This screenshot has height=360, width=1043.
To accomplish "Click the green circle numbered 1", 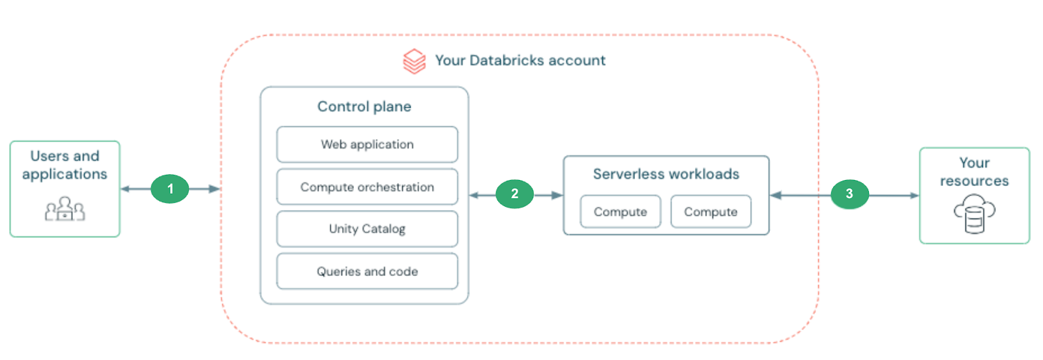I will click(170, 189).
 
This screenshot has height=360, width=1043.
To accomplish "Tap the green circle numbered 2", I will click(514, 194).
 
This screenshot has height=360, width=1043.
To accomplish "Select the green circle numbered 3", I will click(849, 194).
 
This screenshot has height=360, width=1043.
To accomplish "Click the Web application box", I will click(367, 144).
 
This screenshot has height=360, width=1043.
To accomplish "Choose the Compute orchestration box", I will click(367, 187).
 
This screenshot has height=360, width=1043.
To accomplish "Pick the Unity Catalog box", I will click(367, 229).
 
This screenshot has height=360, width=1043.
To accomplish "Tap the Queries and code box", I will click(367, 271).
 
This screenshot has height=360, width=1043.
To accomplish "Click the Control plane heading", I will click(364, 106).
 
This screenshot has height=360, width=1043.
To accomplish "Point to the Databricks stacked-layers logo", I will click(414, 61).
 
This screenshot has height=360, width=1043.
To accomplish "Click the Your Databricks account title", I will click(520, 61).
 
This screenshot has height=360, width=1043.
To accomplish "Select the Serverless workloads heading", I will click(666, 174).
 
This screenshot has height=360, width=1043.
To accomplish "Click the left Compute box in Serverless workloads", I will click(620, 212).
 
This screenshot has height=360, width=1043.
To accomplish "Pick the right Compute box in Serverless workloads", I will click(711, 212).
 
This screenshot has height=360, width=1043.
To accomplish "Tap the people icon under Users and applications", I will click(65, 209).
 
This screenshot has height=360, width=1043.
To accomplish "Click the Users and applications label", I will click(65, 165).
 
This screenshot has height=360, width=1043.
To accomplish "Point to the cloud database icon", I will click(974, 213).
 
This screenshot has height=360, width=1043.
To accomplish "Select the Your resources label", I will click(974, 172).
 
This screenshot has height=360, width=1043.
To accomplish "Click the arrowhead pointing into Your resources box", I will click(914, 195).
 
